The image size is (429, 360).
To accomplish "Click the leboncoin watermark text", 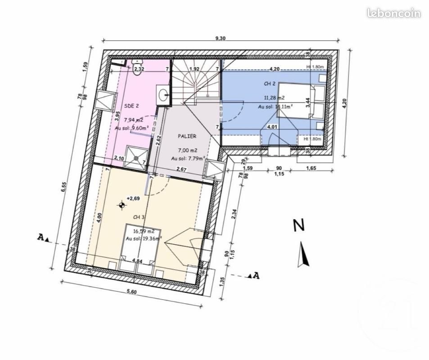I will (393, 13).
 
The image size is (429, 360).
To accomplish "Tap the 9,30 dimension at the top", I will (220, 39).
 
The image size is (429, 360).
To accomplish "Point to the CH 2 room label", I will (269, 84).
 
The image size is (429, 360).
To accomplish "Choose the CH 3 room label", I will (138, 217).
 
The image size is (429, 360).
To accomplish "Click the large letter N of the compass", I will (297, 225).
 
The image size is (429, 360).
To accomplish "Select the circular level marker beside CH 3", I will (121, 206).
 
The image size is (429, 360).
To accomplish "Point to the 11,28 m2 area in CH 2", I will (275, 98).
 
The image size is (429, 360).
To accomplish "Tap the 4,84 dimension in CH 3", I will (137, 261).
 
